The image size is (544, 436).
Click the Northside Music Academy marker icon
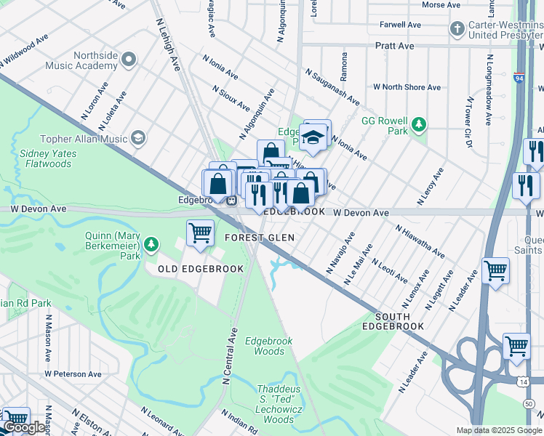[x=129, y=59]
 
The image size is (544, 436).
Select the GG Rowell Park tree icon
[x=418, y=124]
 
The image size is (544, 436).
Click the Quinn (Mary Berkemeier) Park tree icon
[x=151, y=243]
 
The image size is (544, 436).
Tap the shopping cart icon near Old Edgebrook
[x=200, y=234]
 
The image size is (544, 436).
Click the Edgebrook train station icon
[x=231, y=201]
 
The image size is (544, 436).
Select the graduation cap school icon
[x=313, y=136]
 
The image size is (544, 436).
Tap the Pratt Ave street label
[x=395, y=46]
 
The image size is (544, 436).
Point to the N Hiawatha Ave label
[x=420, y=241]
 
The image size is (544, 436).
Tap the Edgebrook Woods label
[x=268, y=346]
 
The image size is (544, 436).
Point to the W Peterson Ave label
[x=72, y=374]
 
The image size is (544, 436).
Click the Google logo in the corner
[x=24, y=428]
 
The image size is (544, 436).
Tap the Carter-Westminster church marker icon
[x=457, y=29]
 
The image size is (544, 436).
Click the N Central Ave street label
[x=229, y=356]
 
